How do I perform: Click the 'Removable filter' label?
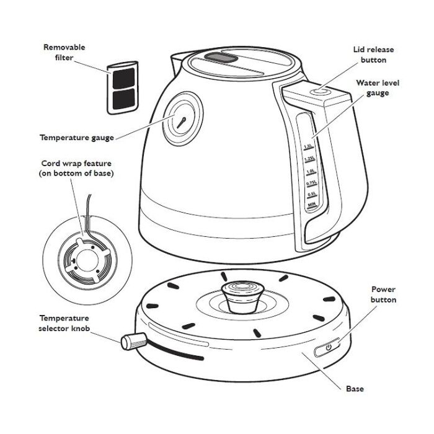point(64,52)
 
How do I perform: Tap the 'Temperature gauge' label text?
point(77,138)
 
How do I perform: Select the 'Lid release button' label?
point(373,55)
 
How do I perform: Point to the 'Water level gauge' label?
point(378,88)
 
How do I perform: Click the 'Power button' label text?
point(383,294)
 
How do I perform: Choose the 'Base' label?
point(355,389)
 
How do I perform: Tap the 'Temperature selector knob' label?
point(64,323)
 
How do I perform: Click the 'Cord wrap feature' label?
point(76,163)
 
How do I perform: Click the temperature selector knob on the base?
point(134,341)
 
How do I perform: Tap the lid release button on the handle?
point(321,91)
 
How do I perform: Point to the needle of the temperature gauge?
point(181,123)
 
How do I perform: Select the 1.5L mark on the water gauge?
point(308,146)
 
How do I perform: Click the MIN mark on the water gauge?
point(312,205)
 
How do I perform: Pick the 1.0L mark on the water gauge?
point(310,171)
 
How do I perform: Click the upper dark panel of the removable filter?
point(124,78)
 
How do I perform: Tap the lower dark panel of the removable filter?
point(124,99)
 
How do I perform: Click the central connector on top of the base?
point(243,297)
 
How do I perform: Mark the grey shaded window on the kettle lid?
point(221,58)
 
